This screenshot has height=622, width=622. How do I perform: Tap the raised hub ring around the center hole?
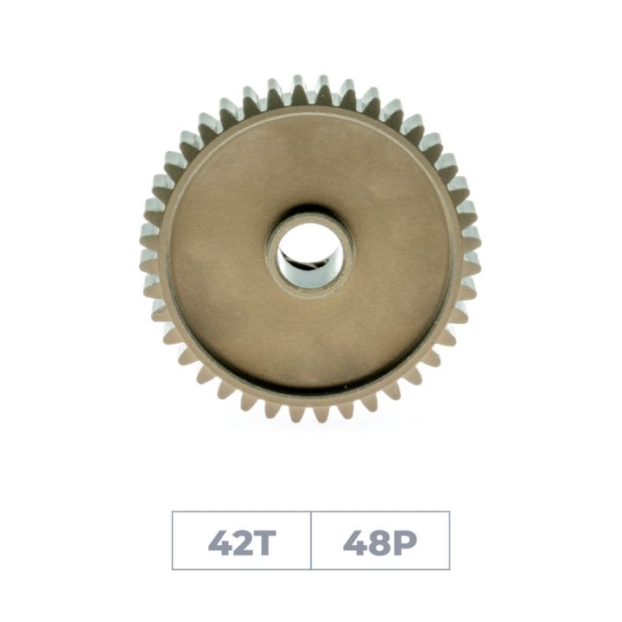click(x=310, y=217)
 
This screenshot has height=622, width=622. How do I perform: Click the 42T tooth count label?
click(x=241, y=541)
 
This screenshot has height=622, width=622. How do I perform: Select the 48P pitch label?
click(x=380, y=541)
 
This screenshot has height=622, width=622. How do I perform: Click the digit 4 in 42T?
click(x=219, y=542)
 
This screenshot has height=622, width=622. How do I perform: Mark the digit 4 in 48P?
click(x=354, y=542)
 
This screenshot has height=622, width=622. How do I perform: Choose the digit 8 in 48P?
click(x=380, y=542)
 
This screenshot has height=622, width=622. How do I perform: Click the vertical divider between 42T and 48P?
click(x=311, y=541)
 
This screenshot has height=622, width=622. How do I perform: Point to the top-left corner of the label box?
click(x=173, y=512)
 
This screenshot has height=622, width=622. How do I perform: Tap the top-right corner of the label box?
click(x=449, y=512)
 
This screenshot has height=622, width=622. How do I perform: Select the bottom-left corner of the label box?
click(x=173, y=569)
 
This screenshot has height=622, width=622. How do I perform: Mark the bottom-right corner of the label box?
click(x=449, y=569)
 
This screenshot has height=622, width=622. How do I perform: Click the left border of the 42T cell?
click(x=173, y=541)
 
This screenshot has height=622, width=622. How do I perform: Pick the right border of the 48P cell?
click(x=449, y=541)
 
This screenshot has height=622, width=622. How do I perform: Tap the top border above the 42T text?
click(x=241, y=512)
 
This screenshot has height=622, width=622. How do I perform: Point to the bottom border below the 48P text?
click(x=380, y=569)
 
